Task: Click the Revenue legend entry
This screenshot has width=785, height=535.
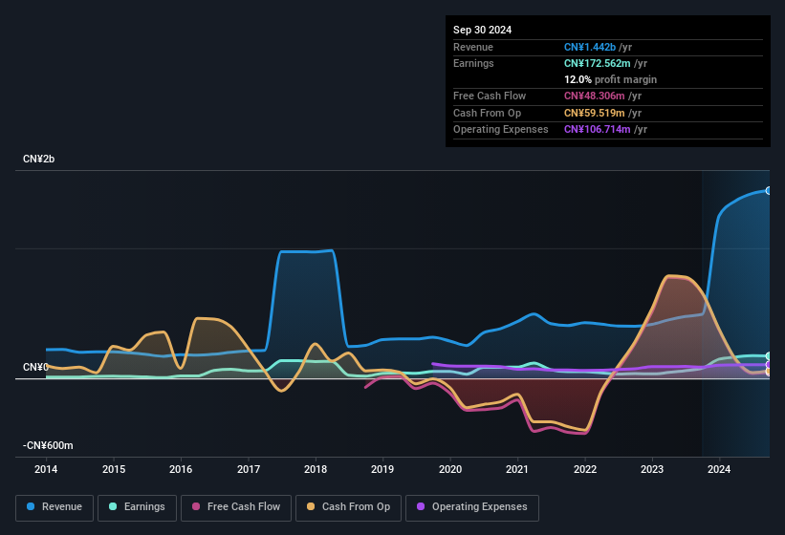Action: point(55,507)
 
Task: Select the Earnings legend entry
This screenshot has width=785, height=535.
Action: point(137,507)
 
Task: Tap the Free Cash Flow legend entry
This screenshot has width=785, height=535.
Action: point(235,507)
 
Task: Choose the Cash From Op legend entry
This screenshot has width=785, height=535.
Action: point(348,507)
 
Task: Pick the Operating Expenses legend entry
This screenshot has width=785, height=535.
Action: point(472,507)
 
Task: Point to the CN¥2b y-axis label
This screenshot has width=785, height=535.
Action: point(39,159)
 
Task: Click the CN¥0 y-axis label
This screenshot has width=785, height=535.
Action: point(35,368)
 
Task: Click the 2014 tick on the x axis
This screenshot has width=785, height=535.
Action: point(46,469)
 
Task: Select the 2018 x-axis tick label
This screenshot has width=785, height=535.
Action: point(316,469)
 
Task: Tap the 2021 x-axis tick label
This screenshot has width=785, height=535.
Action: point(517,469)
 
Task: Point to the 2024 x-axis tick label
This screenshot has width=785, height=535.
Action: point(719,469)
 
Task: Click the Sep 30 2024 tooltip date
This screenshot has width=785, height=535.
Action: point(482,30)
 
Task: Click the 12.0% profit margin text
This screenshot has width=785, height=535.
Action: point(610,79)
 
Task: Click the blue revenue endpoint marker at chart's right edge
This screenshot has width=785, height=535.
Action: point(769,191)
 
